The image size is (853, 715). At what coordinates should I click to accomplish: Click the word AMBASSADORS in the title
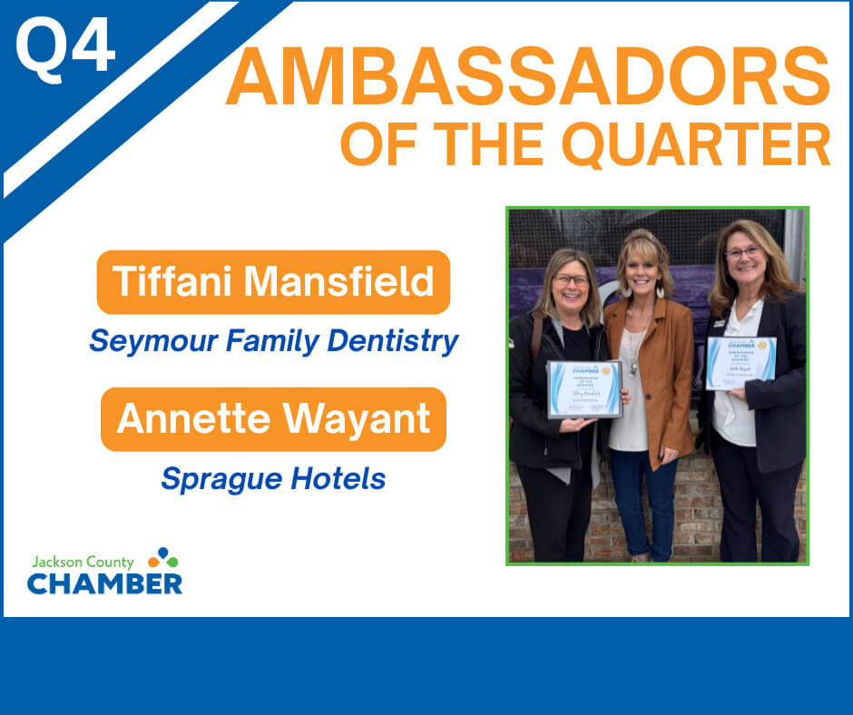(x=528, y=80)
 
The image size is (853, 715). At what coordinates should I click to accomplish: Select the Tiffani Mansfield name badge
(x=273, y=282)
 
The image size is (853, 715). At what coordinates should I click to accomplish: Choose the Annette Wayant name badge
(x=273, y=418)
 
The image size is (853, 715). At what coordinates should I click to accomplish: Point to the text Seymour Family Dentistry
(x=273, y=341)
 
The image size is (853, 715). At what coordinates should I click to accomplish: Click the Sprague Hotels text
(x=273, y=478)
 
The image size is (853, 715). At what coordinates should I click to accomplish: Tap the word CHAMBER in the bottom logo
(x=104, y=583)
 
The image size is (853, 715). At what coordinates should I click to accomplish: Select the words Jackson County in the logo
(x=83, y=563)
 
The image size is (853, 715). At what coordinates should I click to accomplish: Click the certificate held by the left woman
(x=583, y=389)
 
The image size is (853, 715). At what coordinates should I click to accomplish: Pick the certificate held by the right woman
(x=740, y=362)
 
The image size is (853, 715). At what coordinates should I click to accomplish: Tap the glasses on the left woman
(x=571, y=279)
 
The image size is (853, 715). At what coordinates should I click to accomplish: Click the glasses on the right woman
(x=743, y=252)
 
